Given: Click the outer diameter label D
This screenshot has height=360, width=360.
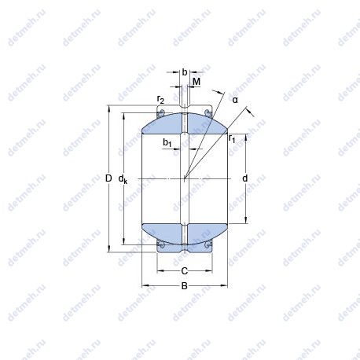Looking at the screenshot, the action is [x=108, y=178].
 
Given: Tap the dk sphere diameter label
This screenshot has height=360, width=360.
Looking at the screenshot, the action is [x=123, y=179].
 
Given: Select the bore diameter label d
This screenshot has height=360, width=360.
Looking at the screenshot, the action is [x=244, y=178].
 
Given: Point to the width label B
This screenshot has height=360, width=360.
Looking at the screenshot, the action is [x=185, y=286].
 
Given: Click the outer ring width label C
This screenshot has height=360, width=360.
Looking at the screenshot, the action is [x=185, y=270].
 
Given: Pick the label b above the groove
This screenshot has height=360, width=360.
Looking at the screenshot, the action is [x=185, y=72].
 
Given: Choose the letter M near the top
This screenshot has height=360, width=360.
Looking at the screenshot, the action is [x=197, y=82].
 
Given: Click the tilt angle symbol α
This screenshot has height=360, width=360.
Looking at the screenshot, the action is [x=235, y=100].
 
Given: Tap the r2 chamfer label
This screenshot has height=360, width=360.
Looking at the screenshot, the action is [x=160, y=100].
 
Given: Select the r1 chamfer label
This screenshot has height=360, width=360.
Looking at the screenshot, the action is [x=232, y=138].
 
